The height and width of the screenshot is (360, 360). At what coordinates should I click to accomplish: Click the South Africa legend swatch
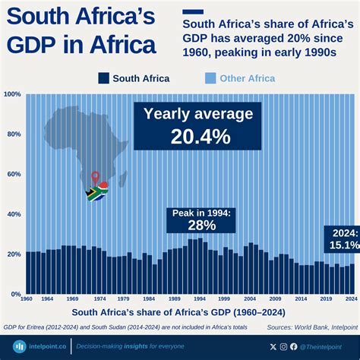tap(103, 77)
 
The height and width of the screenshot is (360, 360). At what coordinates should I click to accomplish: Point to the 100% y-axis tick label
tap(12, 95)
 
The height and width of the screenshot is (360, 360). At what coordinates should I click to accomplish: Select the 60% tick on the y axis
tap(12, 175)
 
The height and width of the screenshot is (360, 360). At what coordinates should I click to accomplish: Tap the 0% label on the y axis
tap(14, 294)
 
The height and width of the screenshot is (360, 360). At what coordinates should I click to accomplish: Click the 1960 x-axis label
tap(27, 300)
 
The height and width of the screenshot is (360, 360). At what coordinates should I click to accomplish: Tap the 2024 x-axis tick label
tap(351, 300)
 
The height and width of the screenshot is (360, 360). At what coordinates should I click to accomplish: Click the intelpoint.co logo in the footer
tap(37, 346)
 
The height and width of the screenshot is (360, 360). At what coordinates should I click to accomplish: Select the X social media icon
tap(273, 346)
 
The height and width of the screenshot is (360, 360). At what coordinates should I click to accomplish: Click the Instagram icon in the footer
tap(284, 346)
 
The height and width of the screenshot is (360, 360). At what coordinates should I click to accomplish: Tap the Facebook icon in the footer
tap(294, 346)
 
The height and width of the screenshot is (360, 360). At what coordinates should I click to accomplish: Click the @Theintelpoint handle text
tap(324, 346)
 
